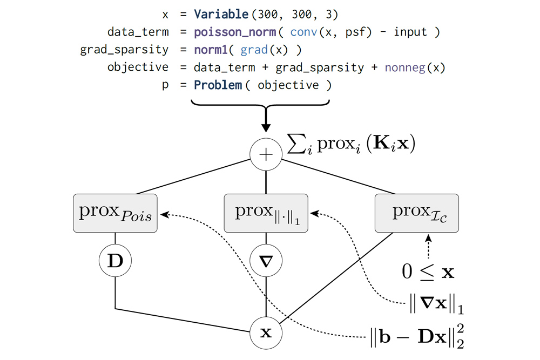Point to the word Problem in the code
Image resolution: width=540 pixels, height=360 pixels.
(x=218, y=85)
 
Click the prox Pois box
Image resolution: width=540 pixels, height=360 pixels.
(x=115, y=214)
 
